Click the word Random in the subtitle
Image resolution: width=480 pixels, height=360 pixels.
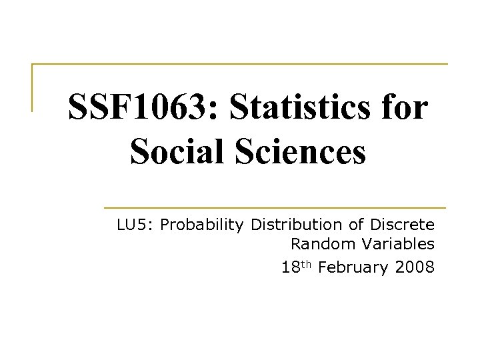point(317,246)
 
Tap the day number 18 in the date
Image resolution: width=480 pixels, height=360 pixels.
point(290,268)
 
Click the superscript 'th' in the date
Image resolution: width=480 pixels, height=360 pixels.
point(307,265)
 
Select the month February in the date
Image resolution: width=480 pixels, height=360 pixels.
point(355,268)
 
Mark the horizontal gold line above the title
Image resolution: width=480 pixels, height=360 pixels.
point(240,65)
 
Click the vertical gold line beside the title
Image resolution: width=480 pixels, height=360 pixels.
point(33,87)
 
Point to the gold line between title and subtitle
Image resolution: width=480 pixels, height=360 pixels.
point(274,207)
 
